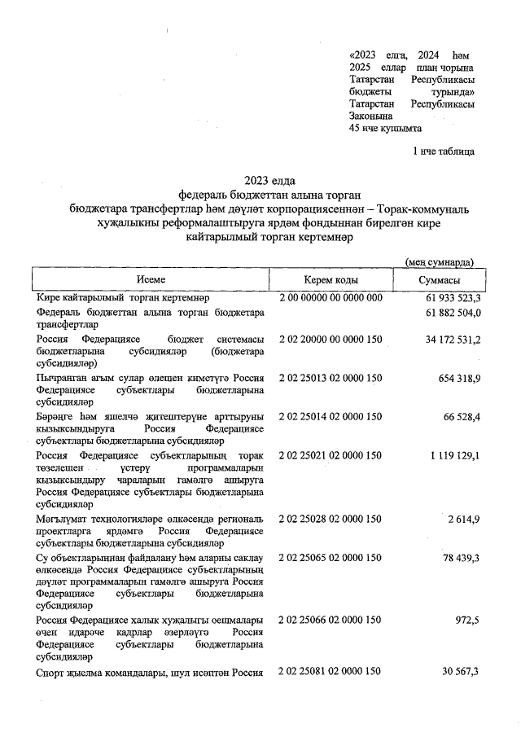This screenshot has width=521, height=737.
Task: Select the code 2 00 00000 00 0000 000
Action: pyautogui.click(x=331, y=298)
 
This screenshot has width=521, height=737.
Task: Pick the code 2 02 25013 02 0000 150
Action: pyautogui.click(x=331, y=379)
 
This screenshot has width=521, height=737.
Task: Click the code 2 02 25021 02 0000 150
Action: pyautogui.click(x=331, y=454)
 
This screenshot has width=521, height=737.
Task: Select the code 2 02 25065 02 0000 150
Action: pyautogui.click(x=331, y=557)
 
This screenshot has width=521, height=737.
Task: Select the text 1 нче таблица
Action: pyautogui.click(x=444, y=151)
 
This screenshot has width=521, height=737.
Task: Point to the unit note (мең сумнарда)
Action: pyautogui.click(x=440, y=261)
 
